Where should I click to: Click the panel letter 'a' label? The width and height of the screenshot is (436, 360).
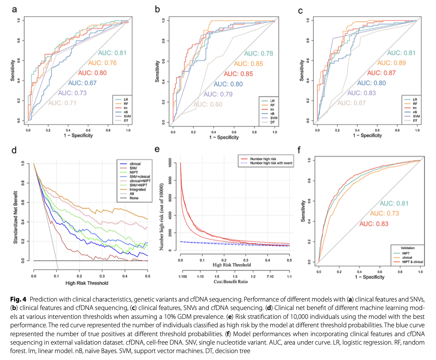[14, 10]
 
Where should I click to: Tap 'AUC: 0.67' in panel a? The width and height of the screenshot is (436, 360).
[82, 83]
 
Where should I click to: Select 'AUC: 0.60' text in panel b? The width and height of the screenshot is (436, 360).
[208, 104]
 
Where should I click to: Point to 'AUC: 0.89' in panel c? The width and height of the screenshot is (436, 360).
[391, 63]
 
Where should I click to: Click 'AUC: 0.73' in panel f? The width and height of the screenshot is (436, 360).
[384, 213]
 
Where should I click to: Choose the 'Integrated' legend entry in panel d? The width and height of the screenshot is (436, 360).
[137, 190]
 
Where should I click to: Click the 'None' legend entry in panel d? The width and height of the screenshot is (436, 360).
[134, 198]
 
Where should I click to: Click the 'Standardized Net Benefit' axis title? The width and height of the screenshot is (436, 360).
[15, 217]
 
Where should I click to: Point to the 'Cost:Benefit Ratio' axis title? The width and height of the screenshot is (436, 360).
[231, 282]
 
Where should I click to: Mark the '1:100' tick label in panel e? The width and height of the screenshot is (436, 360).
[183, 277]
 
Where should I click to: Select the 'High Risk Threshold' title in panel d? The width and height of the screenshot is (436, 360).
[87, 283]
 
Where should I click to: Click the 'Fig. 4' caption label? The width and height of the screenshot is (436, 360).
[18, 299]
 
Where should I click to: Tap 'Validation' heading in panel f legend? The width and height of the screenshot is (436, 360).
[408, 248]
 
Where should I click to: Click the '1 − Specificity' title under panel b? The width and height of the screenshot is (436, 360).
[224, 137]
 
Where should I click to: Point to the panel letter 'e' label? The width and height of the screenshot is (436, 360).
[157, 150]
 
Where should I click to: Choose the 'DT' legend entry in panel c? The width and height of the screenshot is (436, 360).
[415, 120]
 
